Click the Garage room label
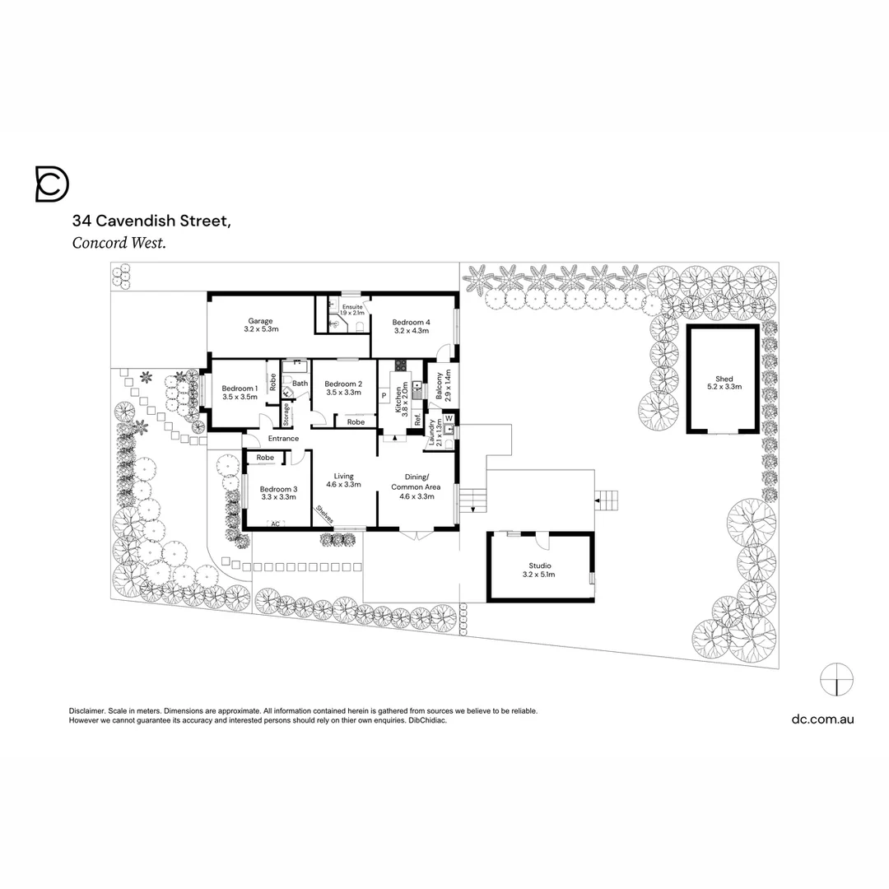click(261, 322)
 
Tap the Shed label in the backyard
click(724, 379)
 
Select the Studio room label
click(539, 566)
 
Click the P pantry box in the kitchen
click(384, 396)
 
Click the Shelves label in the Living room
click(323, 514)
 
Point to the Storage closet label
click(286, 412)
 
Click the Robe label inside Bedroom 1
click(272, 382)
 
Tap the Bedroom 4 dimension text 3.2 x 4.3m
click(411, 330)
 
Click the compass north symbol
click(836, 679)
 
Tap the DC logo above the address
click(52, 184)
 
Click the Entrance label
click(282, 439)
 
